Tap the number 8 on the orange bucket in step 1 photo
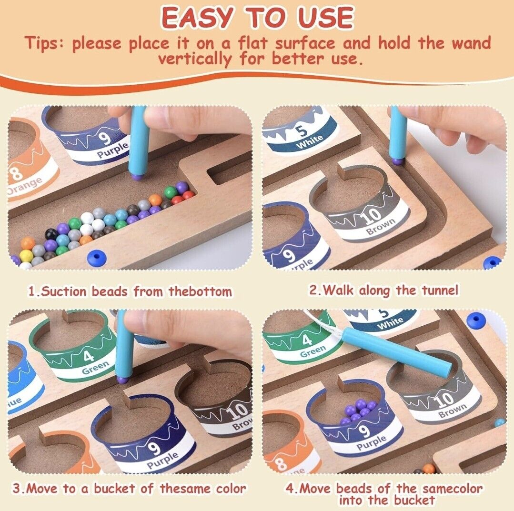pyautogui.click(x=15, y=173)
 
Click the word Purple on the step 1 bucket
pyautogui.click(x=112, y=150)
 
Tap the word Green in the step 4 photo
pyautogui.click(x=312, y=351)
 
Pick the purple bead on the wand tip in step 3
pyautogui.click(x=121, y=380)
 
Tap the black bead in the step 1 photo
pyautogui.click(x=50, y=234)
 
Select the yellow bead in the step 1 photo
pyautogui.click(x=25, y=255)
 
